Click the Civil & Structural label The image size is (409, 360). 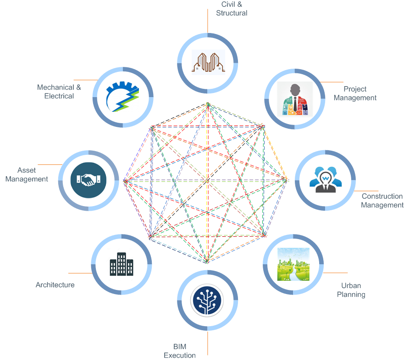pyautogui.click(x=232, y=9)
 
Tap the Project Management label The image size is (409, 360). pyautogui.click(x=355, y=93)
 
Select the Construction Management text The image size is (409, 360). pyautogui.click(x=382, y=201)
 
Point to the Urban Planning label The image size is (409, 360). pyautogui.click(x=351, y=290)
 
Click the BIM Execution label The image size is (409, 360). pyautogui.click(x=180, y=351)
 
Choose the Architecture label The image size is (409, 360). pyautogui.click(x=55, y=285)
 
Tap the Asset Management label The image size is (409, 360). pyautogui.click(x=27, y=175)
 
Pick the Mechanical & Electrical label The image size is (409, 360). pyautogui.click(x=59, y=92)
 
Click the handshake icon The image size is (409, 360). pyautogui.click(x=88, y=180)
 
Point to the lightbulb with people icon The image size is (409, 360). pyautogui.click(x=325, y=180)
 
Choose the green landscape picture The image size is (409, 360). pyautogui.click(x=293, y=264)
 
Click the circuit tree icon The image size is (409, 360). pyautogui.click(x=207, y=300)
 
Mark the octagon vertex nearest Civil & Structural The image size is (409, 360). pyautogui.click(x=208, y=104)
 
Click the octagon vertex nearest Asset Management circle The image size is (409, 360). pyautogui.click(x=125, y=181)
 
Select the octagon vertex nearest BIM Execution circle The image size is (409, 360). pyautogui.click(x=207, y=262)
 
